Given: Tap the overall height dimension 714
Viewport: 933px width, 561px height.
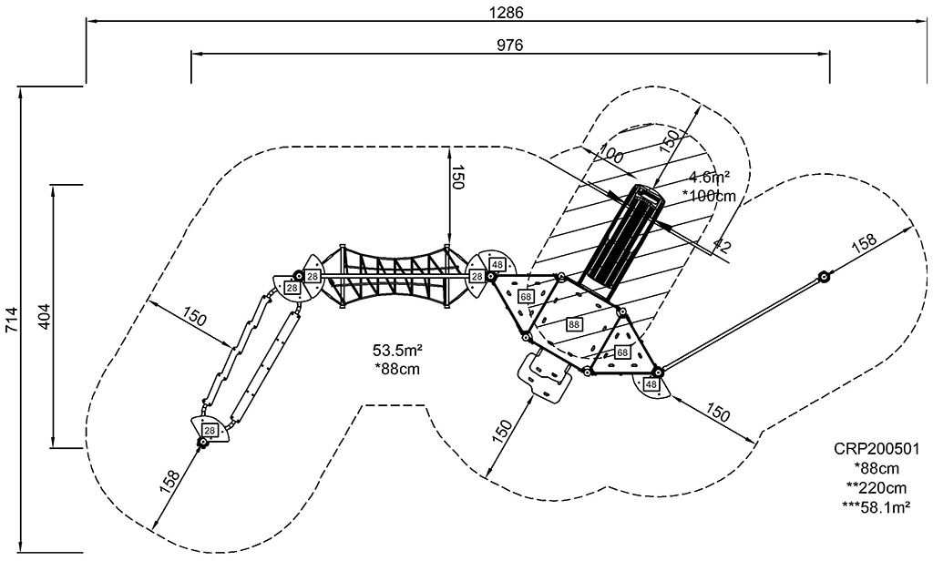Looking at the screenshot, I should [12, 320].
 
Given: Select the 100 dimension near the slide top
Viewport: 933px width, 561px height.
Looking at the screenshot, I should [611, 155].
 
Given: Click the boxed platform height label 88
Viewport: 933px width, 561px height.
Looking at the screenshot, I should [574, 324].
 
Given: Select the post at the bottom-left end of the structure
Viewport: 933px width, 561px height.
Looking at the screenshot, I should [201, 443].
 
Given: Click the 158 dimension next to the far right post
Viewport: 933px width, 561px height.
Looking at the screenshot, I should [863, 242].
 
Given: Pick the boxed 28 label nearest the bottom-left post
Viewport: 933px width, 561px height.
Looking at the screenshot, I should [209, 430].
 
